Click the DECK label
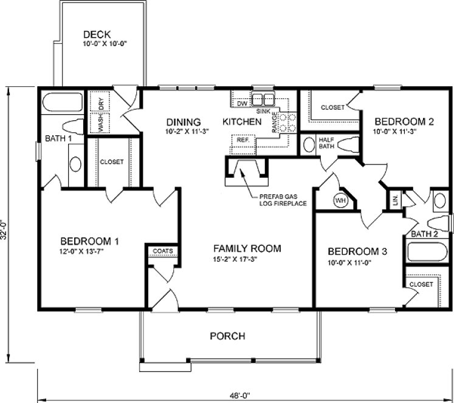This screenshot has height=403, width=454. tap(98, 34)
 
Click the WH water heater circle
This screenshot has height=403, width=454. tap(339, 200)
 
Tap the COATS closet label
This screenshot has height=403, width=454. tap(162, 250)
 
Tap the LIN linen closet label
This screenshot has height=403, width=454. tap(394, 200)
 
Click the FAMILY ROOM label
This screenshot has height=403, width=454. tap(247, 248)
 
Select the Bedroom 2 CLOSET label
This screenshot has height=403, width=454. tap(332, 107)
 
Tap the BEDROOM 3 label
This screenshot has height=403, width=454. tap(357, 251)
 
